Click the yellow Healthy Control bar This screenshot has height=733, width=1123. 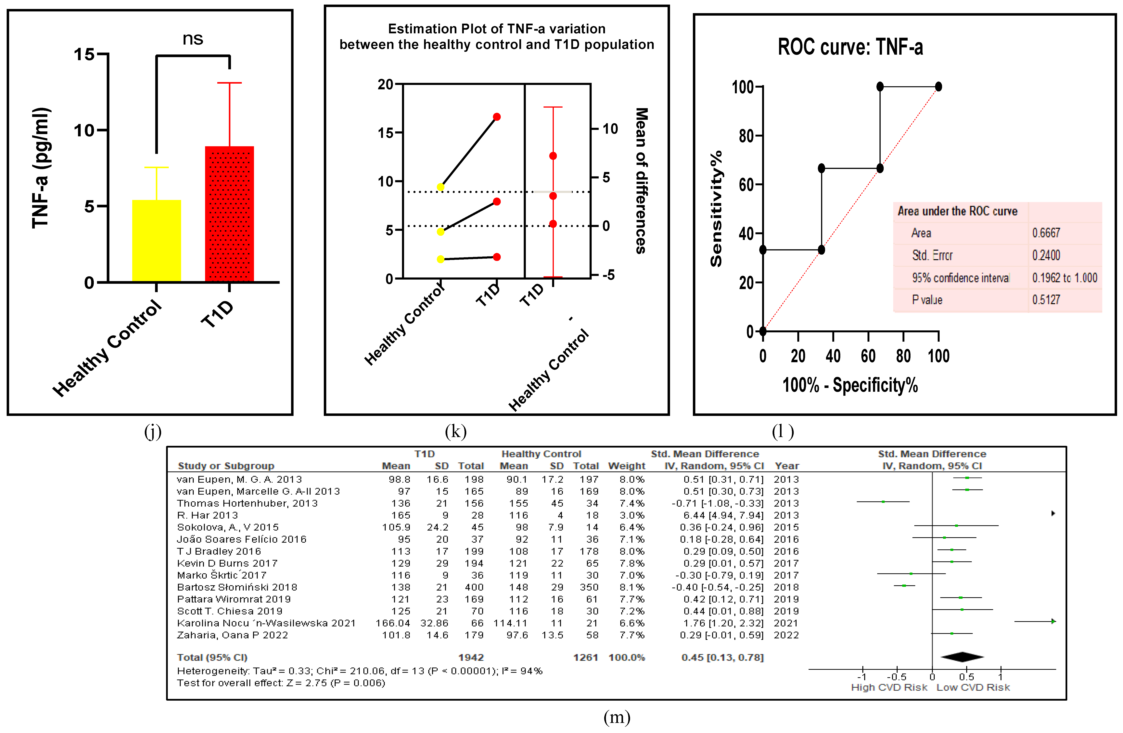coord(156,241)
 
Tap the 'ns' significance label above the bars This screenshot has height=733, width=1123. coord(193,39)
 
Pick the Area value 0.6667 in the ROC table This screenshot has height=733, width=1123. coord(1046,233)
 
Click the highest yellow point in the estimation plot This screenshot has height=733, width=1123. coord(440,187)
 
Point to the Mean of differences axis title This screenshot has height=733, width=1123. coord(642,181)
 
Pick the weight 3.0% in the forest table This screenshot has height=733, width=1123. coord(632,515)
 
